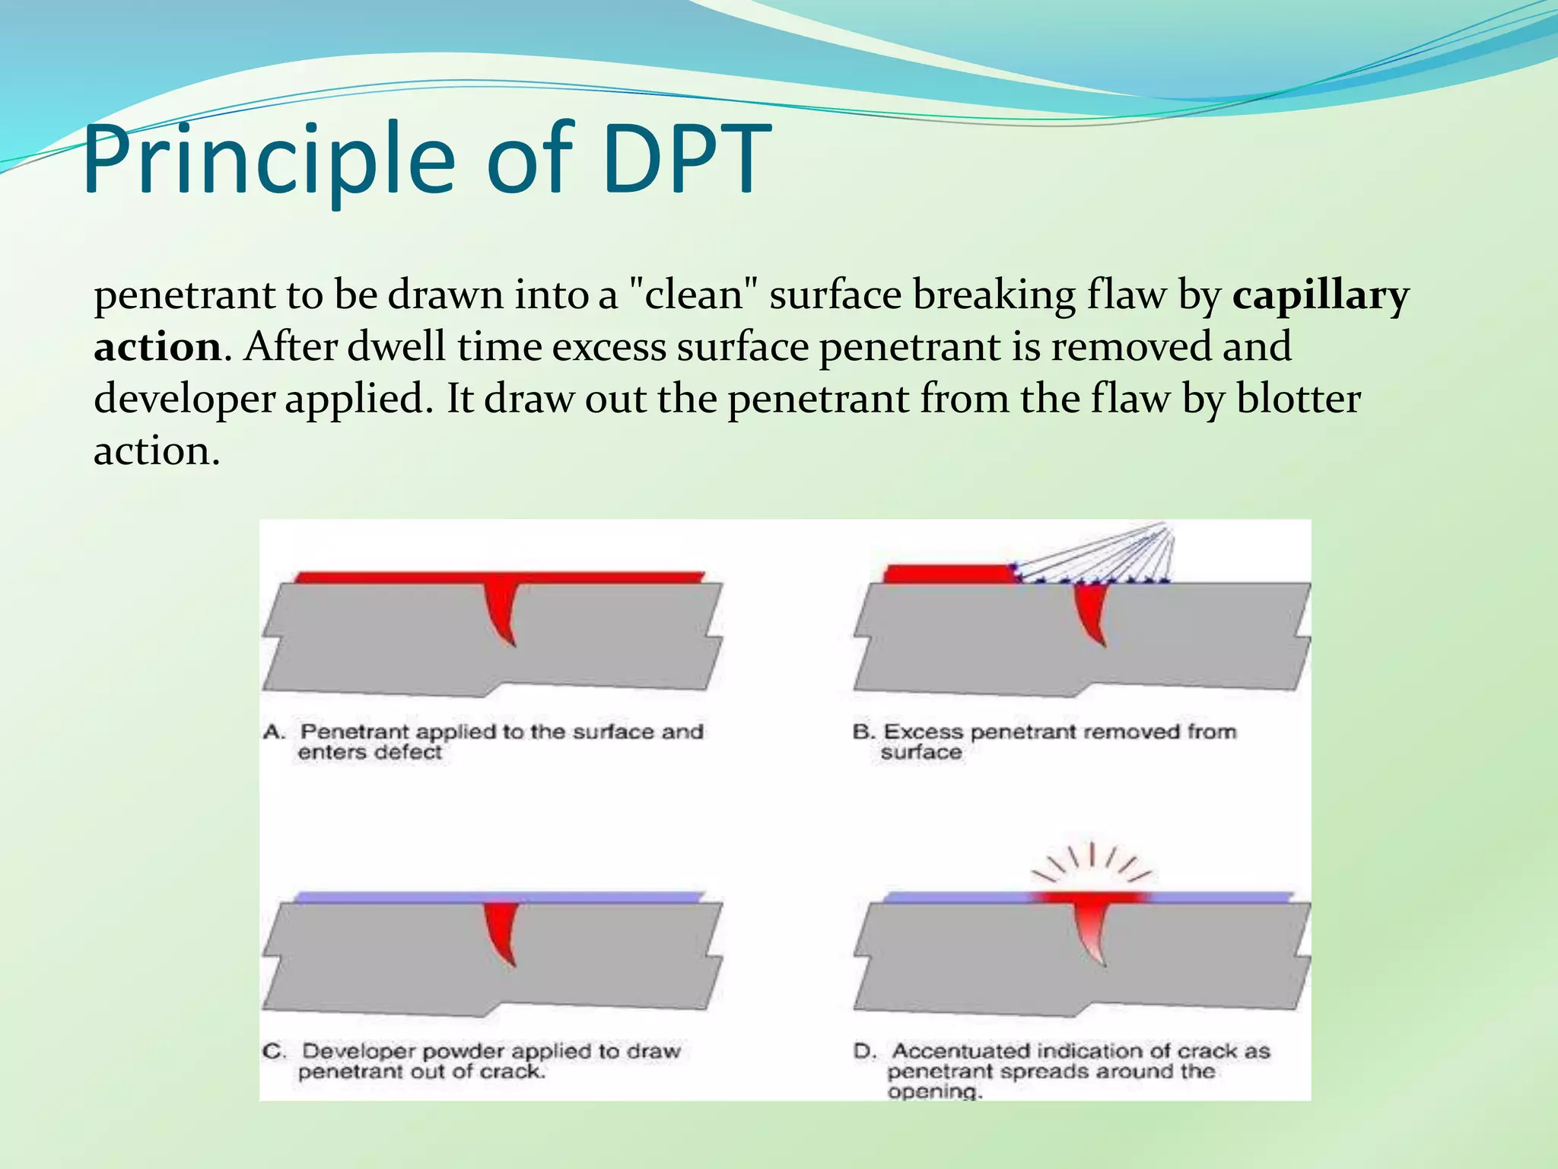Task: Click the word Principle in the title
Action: [x=270, y=161]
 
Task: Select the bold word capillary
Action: [x=1321, y=295]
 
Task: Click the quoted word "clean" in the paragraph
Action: [x=694, y=295]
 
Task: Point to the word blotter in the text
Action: [x=1299, y=399]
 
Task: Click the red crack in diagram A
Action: [x=502, y=610]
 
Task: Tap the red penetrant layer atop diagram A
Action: [x=396, y=577]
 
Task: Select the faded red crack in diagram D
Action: [x=1092, y=932]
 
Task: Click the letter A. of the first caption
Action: [x=274, y=732]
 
